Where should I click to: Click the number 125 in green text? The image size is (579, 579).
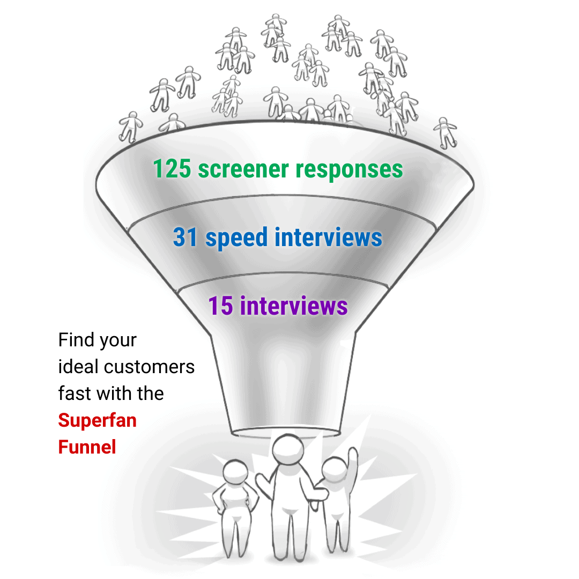tap(172, 169)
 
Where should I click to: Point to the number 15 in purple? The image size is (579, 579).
tap(220, 306)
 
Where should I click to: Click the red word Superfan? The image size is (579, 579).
tap(97, 420)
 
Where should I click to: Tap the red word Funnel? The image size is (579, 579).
tap(87, 447)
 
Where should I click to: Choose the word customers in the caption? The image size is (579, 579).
tap(149, 367)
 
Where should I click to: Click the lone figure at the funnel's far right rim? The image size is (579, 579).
tap(445, 132)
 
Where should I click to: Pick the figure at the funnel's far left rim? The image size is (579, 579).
tap(130, 126)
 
